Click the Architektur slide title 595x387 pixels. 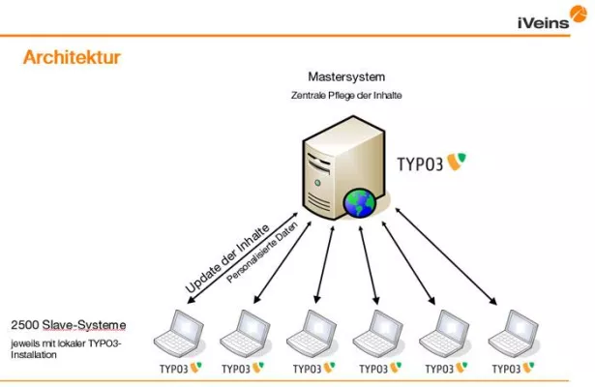tap(72, 58)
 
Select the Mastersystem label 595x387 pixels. tap(345, 75)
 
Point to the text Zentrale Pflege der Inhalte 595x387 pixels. tap(346, 96)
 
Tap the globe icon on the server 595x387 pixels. tap(359, 204)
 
